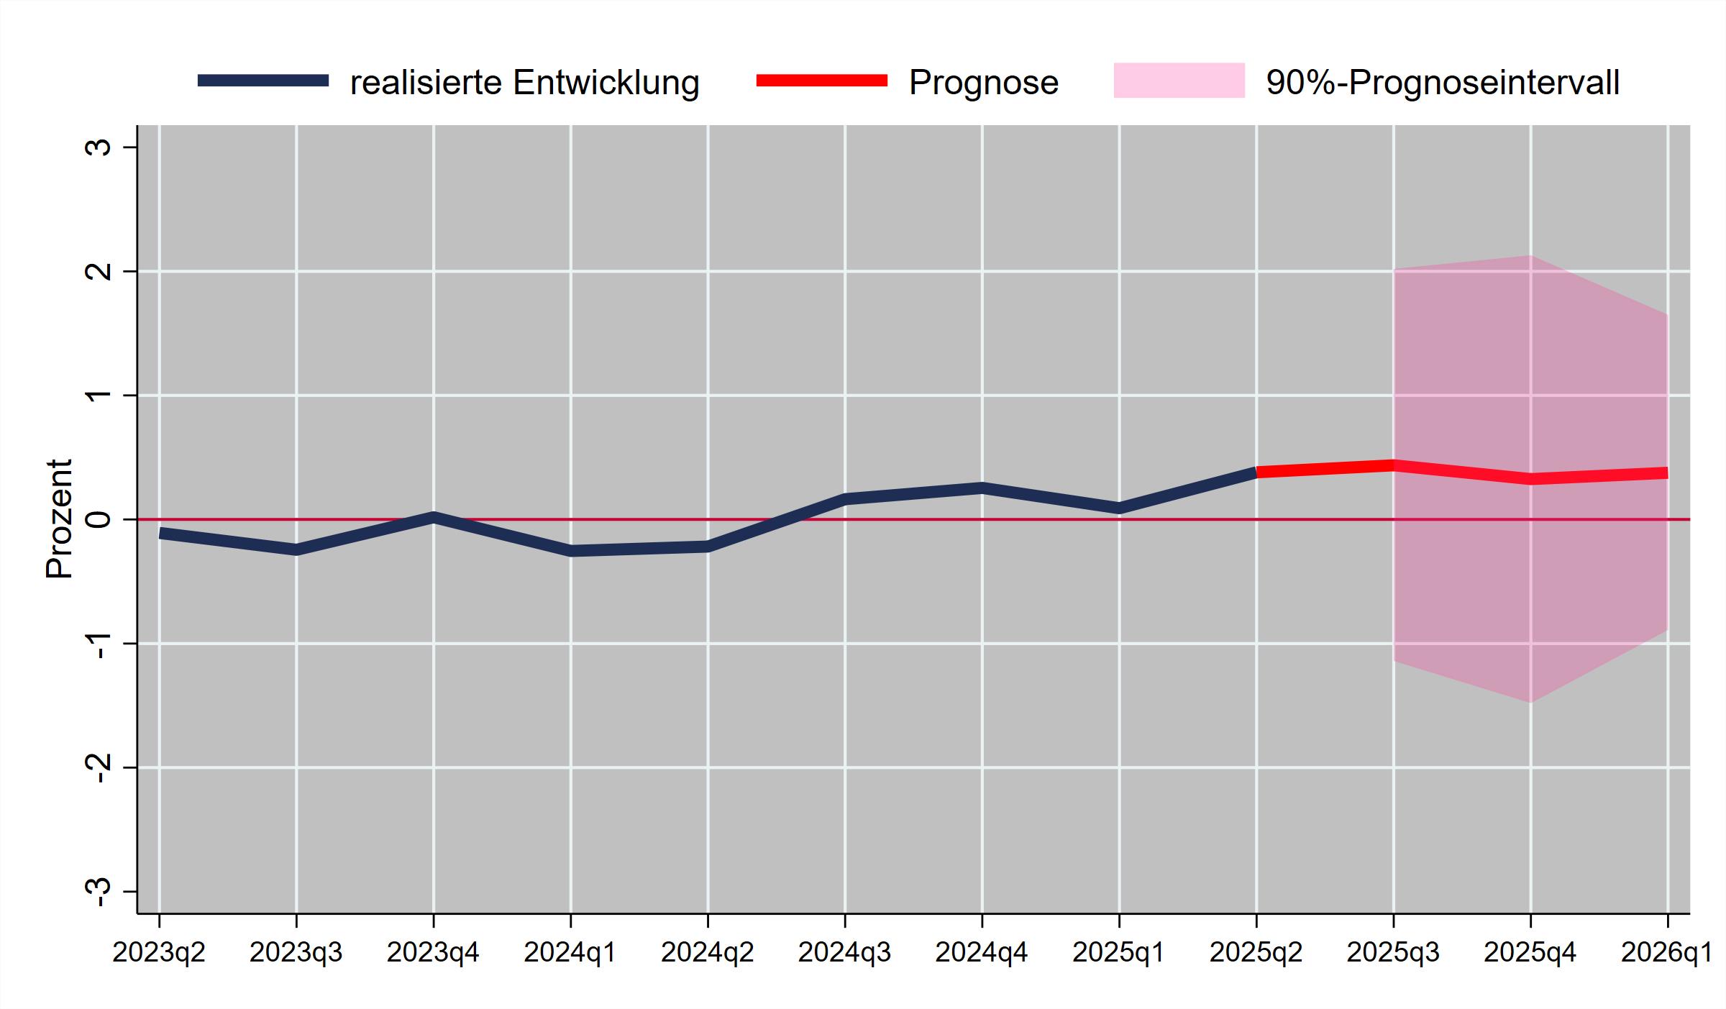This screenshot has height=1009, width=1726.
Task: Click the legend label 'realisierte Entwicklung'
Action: coord(524,83)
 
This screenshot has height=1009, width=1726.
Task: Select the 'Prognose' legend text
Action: coord(983,83)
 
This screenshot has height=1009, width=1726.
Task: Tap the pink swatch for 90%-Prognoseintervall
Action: coord(1179,81)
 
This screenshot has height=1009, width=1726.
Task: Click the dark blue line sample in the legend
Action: coord(263,81)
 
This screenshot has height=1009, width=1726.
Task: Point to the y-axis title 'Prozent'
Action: coord(59,519)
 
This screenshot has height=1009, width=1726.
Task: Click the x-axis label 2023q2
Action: coord(159,953)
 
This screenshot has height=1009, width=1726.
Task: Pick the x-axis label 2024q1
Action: coord(570,953)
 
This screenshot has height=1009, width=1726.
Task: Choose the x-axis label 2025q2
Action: coord(1256,953)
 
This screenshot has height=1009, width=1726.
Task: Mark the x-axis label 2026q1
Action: coord(1666,953)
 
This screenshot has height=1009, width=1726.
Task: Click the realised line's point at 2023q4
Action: coord(434,516)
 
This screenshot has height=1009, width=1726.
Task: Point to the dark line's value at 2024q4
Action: coord(982,488)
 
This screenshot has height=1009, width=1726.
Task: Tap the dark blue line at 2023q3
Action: coord(296,550)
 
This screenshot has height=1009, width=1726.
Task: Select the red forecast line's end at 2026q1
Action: coord(1666,473)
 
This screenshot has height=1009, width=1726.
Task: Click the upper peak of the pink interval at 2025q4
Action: coord(1530,256)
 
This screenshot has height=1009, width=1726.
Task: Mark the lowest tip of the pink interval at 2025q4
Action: coord(1530,702)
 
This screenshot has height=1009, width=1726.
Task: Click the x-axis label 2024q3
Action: coord(845,953)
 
